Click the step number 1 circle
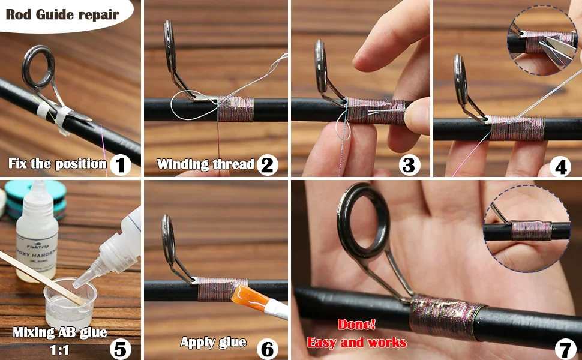(121, 164)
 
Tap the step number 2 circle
(267, 164)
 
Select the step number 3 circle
(409, 164)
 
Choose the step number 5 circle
(120, 346)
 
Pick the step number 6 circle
(267, 347)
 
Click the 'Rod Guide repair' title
(62, 14)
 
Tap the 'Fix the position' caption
(58, 164)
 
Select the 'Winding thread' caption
(206, 164)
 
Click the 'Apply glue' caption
(214, 342)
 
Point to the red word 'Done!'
(356, 325)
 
